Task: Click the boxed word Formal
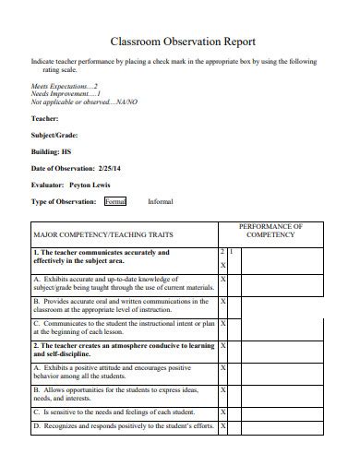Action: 115,200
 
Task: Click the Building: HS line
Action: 51,151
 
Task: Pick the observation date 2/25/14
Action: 110,168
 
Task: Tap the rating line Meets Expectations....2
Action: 65,85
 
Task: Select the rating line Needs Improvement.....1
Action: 65,93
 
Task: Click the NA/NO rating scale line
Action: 84,102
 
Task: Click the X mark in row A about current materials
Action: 223,279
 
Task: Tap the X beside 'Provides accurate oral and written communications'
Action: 223,301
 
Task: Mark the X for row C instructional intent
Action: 223,324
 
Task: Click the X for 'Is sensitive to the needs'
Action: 223,412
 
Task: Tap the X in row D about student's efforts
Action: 223,427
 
